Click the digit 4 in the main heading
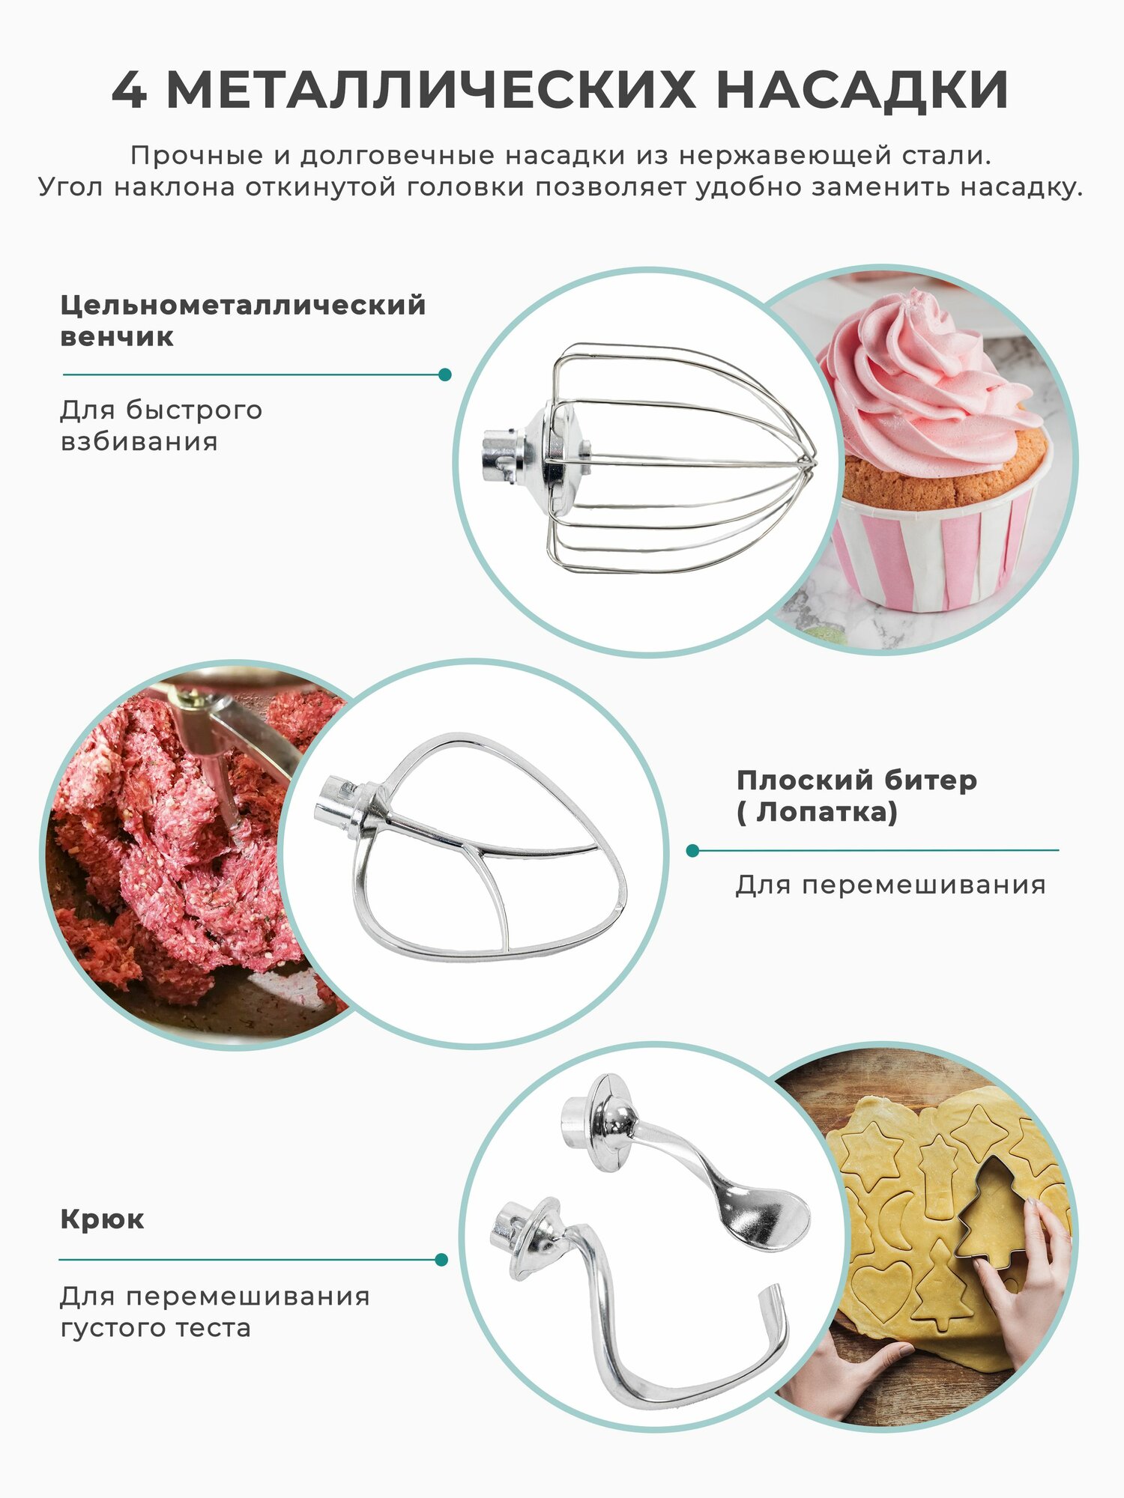tap(129, 91)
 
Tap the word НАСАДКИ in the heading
tap(862, 91)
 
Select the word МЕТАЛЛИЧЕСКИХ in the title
tap(431, 91)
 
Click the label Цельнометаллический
tap(243, 306)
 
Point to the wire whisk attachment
tap(659, 458)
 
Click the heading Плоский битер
tap(856, 780)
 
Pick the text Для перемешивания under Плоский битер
tap(890, 885)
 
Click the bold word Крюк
tap(102, 1219)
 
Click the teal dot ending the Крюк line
tap(441, 1260)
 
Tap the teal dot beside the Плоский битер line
tap(692, 851)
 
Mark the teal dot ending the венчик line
tap(444, 374)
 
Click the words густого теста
tap(155, 1328)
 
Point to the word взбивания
tap(139, 442)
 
